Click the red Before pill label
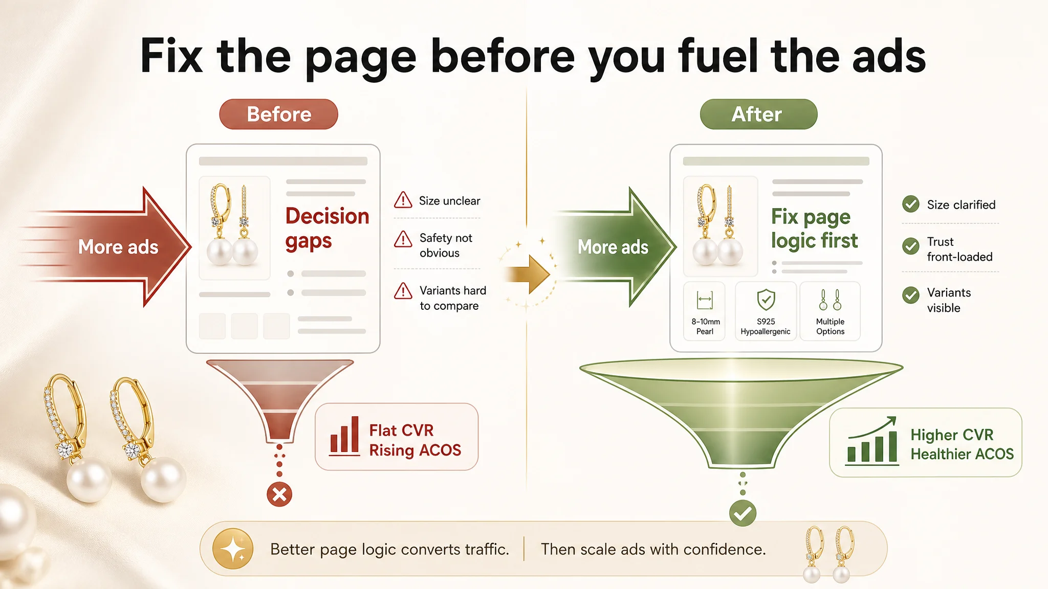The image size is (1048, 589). (278, 114)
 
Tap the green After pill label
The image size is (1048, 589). (758, 114)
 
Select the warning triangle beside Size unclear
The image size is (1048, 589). (403, 200)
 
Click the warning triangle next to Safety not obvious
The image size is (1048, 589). (403, 239)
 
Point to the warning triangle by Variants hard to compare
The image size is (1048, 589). (403, 291)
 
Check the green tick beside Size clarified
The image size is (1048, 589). (911, 204)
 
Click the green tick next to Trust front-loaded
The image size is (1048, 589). (911, 246)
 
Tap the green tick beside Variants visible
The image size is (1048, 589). (911, 295)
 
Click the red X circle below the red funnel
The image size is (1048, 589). (279, 494)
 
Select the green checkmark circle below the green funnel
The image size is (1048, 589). (743, 513)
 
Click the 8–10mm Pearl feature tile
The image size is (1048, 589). (705, 311)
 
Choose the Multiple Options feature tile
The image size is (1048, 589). (830, 311)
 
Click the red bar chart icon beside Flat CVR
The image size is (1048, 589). (344, 436)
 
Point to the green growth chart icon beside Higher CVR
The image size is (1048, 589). (872, 441)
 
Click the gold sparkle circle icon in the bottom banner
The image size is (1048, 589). (233, 549)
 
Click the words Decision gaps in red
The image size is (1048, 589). (327, 229)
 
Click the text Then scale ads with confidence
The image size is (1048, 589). (653, 549)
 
